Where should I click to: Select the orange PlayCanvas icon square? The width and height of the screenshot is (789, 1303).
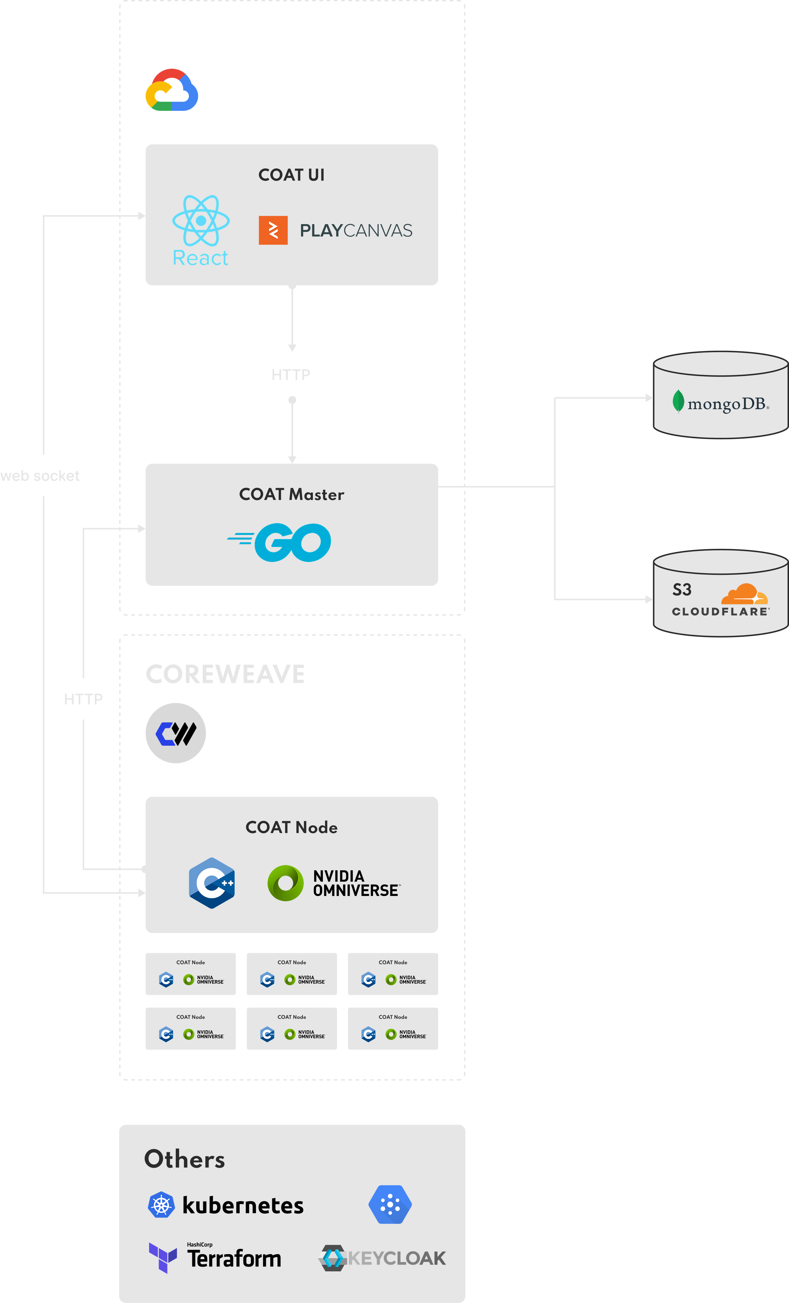(x=273, y=230)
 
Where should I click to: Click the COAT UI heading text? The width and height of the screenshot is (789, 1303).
(x=292, y=175)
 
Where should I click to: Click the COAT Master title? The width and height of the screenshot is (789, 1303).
(x=292, y=494)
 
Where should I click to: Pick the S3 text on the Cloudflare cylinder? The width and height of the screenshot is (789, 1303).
(x=682, y=590)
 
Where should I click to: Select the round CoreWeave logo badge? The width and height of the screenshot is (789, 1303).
(x=176, y=733)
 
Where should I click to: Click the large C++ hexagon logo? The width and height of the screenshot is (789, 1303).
(x=212, y=883)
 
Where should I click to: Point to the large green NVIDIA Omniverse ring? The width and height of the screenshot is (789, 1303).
(x=286, y=883)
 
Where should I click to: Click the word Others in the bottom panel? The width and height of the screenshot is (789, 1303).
(x=185, y=1159)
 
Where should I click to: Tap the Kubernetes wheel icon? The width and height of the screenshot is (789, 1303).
(x=161, y=1205)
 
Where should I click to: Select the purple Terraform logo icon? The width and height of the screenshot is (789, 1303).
(x=163, y=1258)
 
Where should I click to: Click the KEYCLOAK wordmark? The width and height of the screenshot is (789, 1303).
(x=397, y=1258)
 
